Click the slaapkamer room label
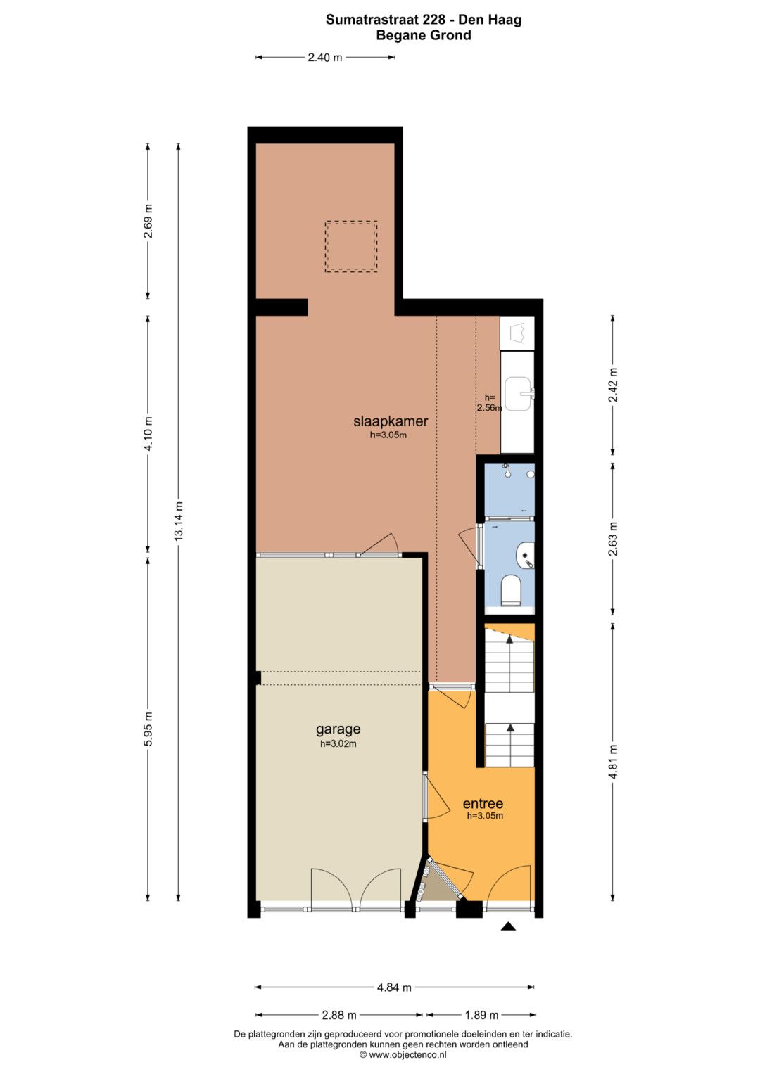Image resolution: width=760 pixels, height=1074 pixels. click(x=391, y=421)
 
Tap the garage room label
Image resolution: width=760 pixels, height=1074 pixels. click(x=338, y=729)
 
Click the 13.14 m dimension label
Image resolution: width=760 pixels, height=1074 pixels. click(x=179, y=521)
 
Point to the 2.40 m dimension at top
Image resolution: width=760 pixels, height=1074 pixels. click(x=325, y=58)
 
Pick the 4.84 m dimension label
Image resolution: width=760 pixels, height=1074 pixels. click(x=394, y=987)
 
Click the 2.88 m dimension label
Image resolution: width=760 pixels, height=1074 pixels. click(x=338, y=1015)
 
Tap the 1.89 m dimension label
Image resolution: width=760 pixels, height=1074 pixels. click(x=481, y=1015)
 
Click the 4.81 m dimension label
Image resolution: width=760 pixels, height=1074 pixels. click(x=613, y=762)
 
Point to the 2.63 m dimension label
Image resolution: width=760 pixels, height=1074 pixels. click(x=613, y=539)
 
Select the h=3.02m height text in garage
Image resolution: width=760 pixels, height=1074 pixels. click(x=338, y=743)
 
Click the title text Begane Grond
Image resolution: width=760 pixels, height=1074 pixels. click(x=423, y=35)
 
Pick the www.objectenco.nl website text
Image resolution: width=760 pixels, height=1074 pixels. click(x=403, y=1055)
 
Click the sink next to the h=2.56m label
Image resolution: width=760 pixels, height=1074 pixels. click(x=519, y=394)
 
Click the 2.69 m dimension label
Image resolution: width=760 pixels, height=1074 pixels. click(x=148, y=221)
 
